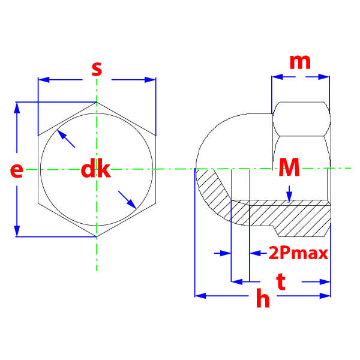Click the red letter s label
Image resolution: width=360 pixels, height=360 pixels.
pyautogui.click(x=97, y=69)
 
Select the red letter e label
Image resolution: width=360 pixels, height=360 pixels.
pyautogui.click(x=17, y=170)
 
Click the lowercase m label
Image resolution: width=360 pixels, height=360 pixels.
pyautogui.click(x=300, y=62)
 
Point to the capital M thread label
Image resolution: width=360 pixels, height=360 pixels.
pyautogui.click(x=289, y=167)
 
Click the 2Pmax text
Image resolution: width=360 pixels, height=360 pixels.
pyautogui.click(x=298, y=253)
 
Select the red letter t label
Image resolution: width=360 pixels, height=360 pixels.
pyautogui.click(x=281, y=281)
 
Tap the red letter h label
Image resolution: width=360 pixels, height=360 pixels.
pyautogui.click(x=263, y=298)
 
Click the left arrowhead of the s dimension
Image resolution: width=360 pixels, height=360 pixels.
pyautogui.click(x=44, y=80)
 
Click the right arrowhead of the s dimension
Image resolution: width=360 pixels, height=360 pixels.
pyautogui.click(x=150, y=80)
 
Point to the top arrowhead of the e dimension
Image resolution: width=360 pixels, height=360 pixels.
pyautogui.click(x=17, y=108)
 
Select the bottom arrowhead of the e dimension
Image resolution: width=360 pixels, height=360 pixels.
pyautogui.click(x=17, y=231)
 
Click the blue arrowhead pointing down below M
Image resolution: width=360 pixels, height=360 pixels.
pyautogui.click(x=289, y=197)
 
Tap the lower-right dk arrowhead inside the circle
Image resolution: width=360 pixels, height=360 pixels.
pyautogui.click(x=131, y=204)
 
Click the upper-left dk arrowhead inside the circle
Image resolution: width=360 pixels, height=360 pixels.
pyautogui.click(x=62, y=134)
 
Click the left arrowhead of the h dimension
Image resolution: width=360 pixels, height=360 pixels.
pyautogui.click(x=200, y=296)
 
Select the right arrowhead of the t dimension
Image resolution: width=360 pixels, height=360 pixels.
pyautogui.click(x=325, y=282)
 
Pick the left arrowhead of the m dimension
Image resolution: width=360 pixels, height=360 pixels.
pyautogui.click(x=277, y=77)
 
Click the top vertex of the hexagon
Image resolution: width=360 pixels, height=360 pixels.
pyautogui.click(x=97, y=102)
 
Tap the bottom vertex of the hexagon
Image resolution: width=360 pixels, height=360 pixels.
pyautogui.click(x=97, y=237)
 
